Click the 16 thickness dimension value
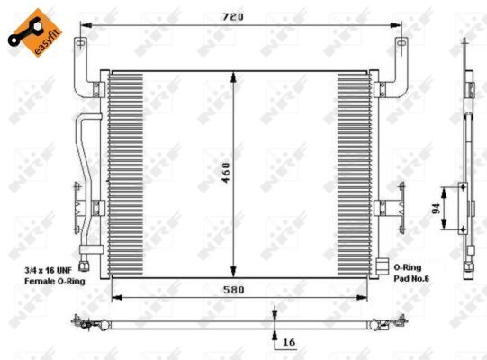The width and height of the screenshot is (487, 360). pyautogui.click(x=289, y=342)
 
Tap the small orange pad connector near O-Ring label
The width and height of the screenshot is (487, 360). pyautogui.click(x=382, y=266)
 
